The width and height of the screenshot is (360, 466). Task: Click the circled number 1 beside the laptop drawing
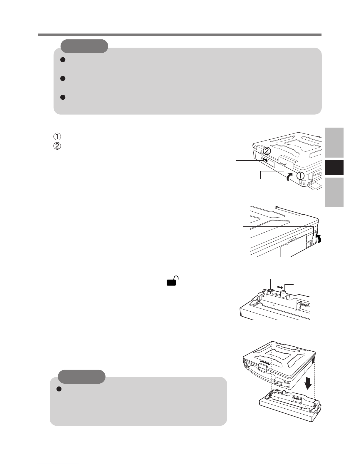click(300, 176)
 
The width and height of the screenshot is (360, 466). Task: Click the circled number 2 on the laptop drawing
click(267, 151)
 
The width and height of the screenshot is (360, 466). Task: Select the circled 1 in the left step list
click(57, 136)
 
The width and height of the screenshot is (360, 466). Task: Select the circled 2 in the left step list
click(57, 146)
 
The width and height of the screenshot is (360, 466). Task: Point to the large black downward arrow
click(308, 385)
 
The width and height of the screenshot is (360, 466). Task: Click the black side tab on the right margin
click(334, 167)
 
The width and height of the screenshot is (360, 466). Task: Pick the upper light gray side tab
click(334, 143)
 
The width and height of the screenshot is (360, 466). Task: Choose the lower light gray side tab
click(334, 192)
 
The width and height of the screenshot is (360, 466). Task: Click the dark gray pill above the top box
click(84, 46)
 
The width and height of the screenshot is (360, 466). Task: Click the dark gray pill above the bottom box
click(82, 377)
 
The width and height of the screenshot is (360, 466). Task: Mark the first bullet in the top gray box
click(63, 60)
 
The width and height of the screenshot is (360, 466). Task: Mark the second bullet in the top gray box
click(63, 78)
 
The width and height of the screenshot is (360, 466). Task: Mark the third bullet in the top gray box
click(63, 97)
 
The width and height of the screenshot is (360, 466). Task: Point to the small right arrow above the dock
click(280, 287)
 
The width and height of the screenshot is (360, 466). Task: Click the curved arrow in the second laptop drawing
click(319, 238)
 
